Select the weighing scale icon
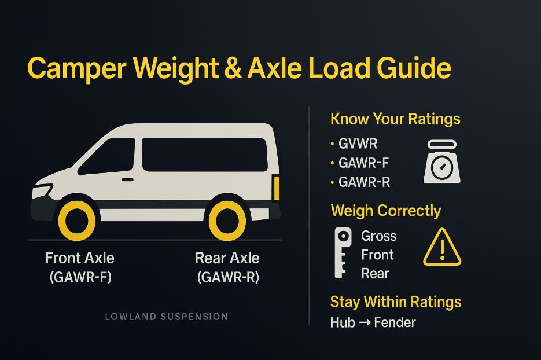tap(442, 161)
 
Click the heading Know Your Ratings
tap(395, 119)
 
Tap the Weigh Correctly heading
tap(386, 211)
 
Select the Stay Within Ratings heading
tap(396, 302)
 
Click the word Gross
tap(379, 236)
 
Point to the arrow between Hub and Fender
tap(365, 323)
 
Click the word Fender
tap(395, 322)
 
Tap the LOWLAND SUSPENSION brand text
tap(166, 317)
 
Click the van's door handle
tap(127, 180)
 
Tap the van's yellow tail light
tap(277, 188)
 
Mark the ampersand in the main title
tap(233, 68)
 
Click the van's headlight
tap(42, 191)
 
